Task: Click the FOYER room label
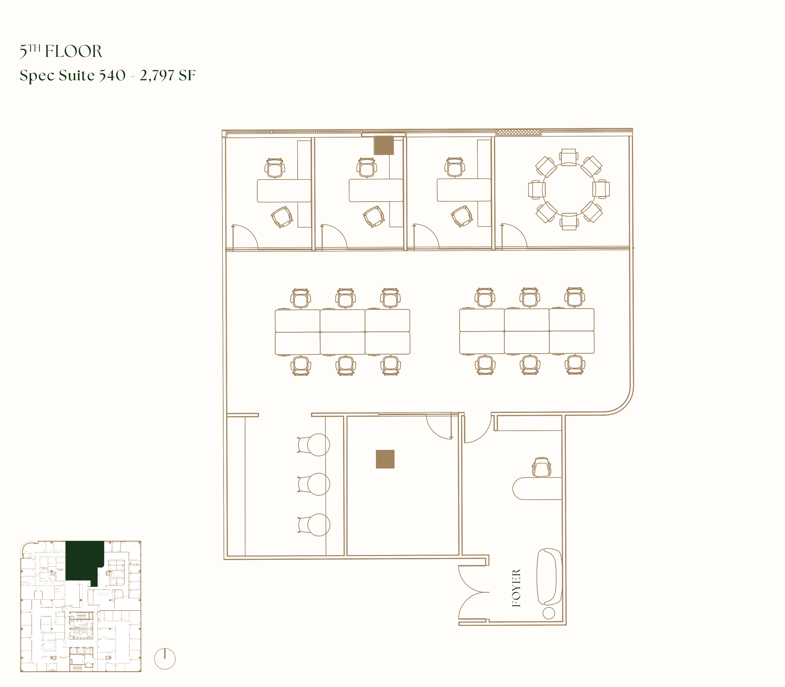(x=517, y=588)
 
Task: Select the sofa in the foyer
(x=550, y=577)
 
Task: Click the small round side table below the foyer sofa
(x=549, y=613)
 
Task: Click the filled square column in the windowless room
(x=385, y=459)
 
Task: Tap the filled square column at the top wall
(x=384, y=145)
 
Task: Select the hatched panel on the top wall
(x=518, y=132)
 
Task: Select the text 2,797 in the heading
(x=157, y=75)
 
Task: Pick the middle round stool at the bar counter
(x=318, y=484)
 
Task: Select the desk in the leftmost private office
(x=284, y=190)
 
